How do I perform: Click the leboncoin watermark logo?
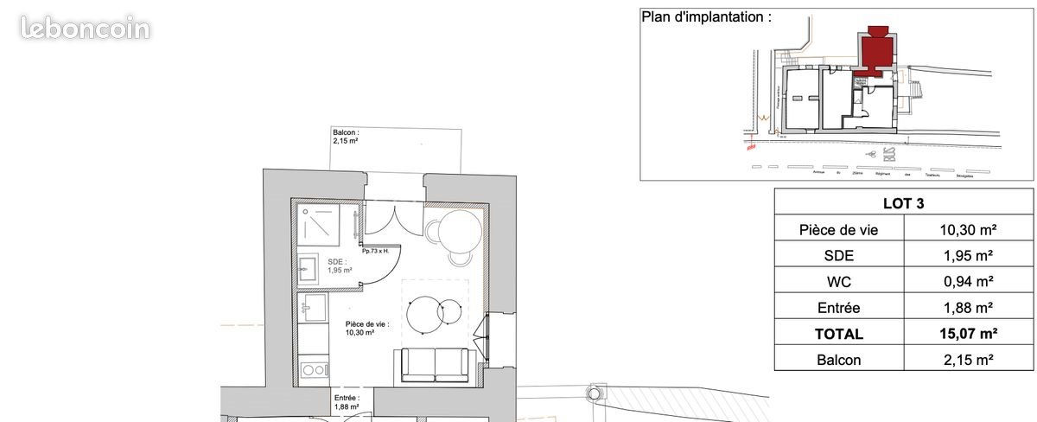(86, 29)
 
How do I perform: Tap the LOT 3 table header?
(903, 203)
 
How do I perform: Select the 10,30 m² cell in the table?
(968, 230)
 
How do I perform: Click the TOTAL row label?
(838, 333)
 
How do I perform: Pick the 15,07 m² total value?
(968, 333)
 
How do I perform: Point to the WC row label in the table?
(838, 281)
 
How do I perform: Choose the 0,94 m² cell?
(968, 281)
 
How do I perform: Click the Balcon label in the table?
(838, 359)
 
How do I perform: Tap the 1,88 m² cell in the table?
(968, 307)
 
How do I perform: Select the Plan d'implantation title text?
(706, 16)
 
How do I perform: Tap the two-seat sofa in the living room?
(435, 365)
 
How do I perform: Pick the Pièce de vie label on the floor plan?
(366, 328)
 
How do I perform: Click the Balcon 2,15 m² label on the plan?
(347, 137)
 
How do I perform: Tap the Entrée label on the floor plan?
(347, 401)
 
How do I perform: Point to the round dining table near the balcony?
(460, 231)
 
